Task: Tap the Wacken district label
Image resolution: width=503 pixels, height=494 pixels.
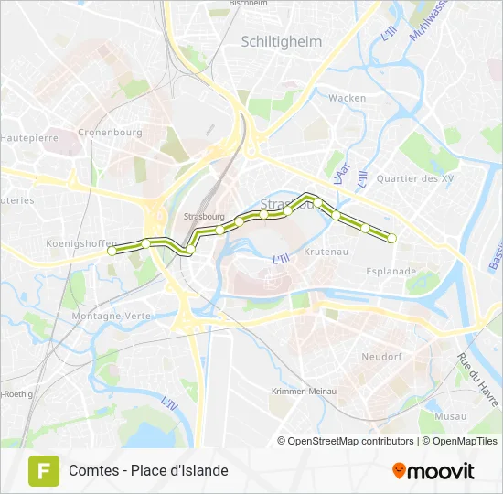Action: coord(348,98)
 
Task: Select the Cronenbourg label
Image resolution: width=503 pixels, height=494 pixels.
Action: coord(110,132)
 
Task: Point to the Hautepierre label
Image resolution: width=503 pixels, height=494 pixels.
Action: coord(29,137)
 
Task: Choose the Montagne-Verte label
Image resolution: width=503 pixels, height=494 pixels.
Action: coord(110,316)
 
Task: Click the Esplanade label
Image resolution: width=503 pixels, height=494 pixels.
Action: coord(391,271)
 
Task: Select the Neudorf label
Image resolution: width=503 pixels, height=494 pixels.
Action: coord(382,357)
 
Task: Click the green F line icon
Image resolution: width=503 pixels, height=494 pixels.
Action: coord(42,470)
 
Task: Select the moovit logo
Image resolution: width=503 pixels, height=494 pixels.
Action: coord(433,471)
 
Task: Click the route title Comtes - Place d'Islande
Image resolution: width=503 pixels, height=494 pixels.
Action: coord(148,470)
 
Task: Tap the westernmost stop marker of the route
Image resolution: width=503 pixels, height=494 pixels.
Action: coord(112,250)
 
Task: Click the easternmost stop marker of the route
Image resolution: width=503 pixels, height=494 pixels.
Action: coord(392,238)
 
